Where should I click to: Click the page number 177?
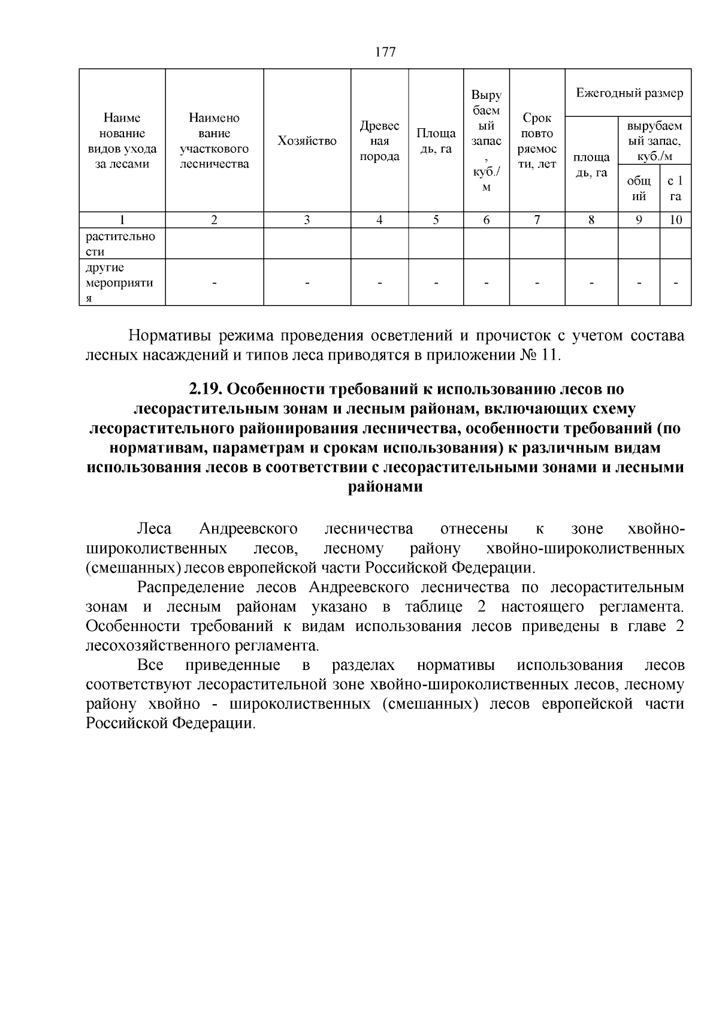[385, 52]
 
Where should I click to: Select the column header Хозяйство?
[307, 141]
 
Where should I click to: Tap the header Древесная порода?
[379, 141]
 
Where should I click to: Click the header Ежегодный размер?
[629, 93]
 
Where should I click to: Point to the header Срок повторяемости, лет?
[537, 141]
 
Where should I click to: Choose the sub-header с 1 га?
[675, 188]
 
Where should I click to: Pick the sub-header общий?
[639, 188]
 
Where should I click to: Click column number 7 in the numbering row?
[537, 220]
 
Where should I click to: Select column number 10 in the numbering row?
[675, 220]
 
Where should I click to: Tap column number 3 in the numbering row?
[307, 220]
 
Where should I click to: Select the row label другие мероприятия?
[120, 283]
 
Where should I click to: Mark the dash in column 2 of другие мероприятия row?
[214, 283]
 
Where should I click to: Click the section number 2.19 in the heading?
[206, 390]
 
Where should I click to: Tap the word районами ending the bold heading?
[385, 487]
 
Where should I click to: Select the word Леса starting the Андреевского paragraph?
[154, 529]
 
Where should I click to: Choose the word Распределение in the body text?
[190, 587]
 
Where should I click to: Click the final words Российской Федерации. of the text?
[170, 723]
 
